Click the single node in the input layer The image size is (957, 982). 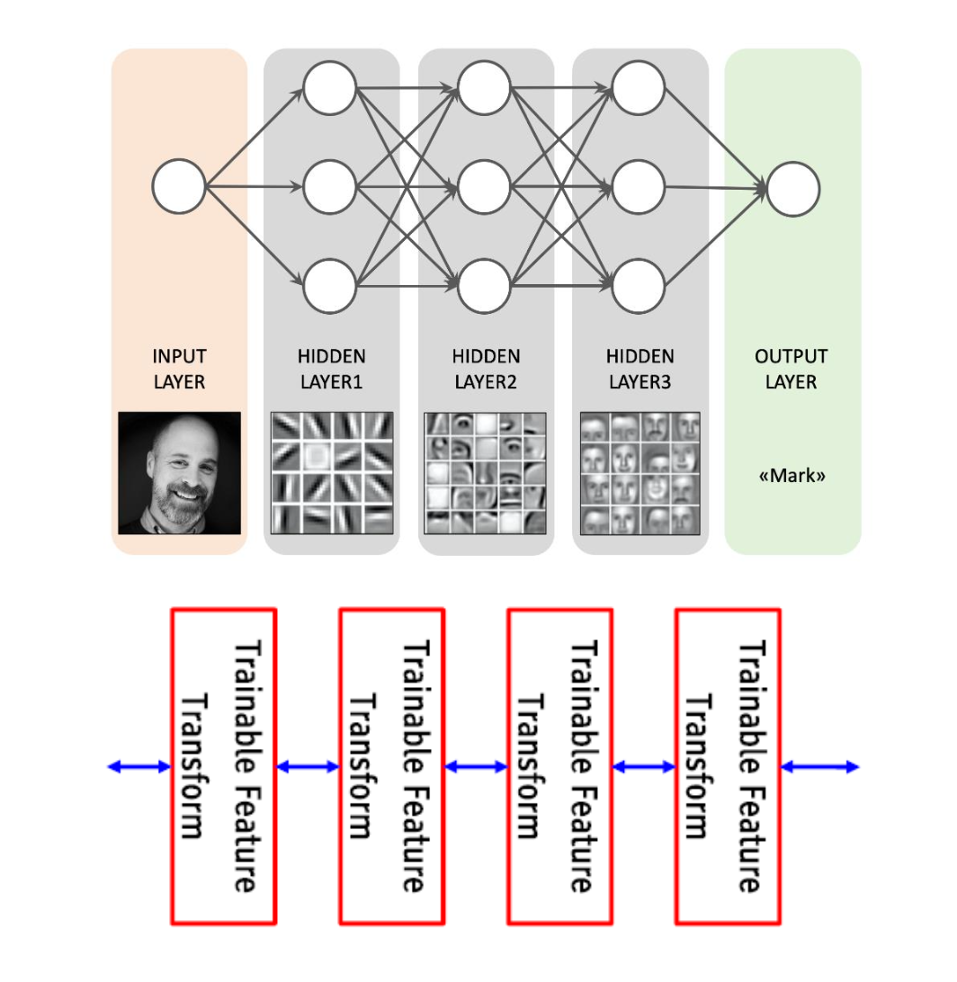pyautogui.click(x=179, y=186)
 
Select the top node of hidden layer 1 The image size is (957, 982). pyautogui.click(x=329, y=88)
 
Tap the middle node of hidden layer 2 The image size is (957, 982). pyautogui.click(x=484, y=187)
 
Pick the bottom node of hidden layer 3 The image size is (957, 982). pyautogui.click(x=639, y=286)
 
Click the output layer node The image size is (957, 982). pyautogui.click(x=793, y=189)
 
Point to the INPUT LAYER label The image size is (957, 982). pyautogui.click(x=180, y=369)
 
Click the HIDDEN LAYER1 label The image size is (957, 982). pyautogui.click(x=331, y=369)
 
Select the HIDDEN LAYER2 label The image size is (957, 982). pyautogui.click(x=486, y=369)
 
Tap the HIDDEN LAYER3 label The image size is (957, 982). pyautogui.click(x=640, y=369)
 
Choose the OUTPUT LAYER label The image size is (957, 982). pyautogui.click(x=791, y=369)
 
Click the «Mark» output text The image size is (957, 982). pyautogui.click(x=792, y=476)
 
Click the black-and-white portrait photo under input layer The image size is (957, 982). pyautogui.click(x=179, y=473)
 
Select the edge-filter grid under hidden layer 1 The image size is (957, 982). pyautogui.click(x=332, y=473)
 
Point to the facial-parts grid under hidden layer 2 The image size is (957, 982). pyautogui.click(x=486, y=473)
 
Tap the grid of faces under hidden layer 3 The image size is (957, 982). pyautogui.click(x=640, y=473)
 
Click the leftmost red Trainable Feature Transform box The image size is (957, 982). pyautogui.click(x=224, y=766)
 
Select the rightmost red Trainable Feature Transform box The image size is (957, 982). pyautogui.click(x=728, y=766)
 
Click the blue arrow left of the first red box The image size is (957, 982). pyautogui.click(x=139, y=766)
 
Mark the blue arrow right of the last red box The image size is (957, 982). pyautogui.click(x=820, y=766)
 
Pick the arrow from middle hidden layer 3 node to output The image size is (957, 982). pyautogui.click(x=716, y=187)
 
